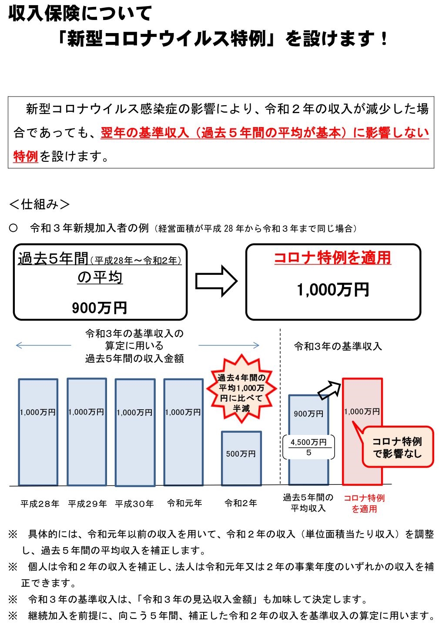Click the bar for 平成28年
(x=38, y=432)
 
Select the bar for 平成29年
(x=87, y=431)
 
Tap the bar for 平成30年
(x=135, y=432)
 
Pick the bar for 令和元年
(x=183, y=432)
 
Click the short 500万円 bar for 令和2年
(x=241, y=458)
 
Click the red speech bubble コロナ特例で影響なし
(x=398, y=447)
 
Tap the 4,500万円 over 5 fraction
(x=308, y=447)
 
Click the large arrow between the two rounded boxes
(x=216, y=282)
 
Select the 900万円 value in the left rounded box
(x=100, y=308)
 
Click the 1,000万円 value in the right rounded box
(x=333, y=290)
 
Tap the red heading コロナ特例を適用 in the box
(x=333, y=258)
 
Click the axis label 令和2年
(x=241, y=503)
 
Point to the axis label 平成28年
(x=40, y=504)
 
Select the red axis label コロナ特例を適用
(x=364, y=503)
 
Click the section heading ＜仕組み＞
(x=40, y=204)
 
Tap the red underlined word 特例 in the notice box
(x=26, y=157)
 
